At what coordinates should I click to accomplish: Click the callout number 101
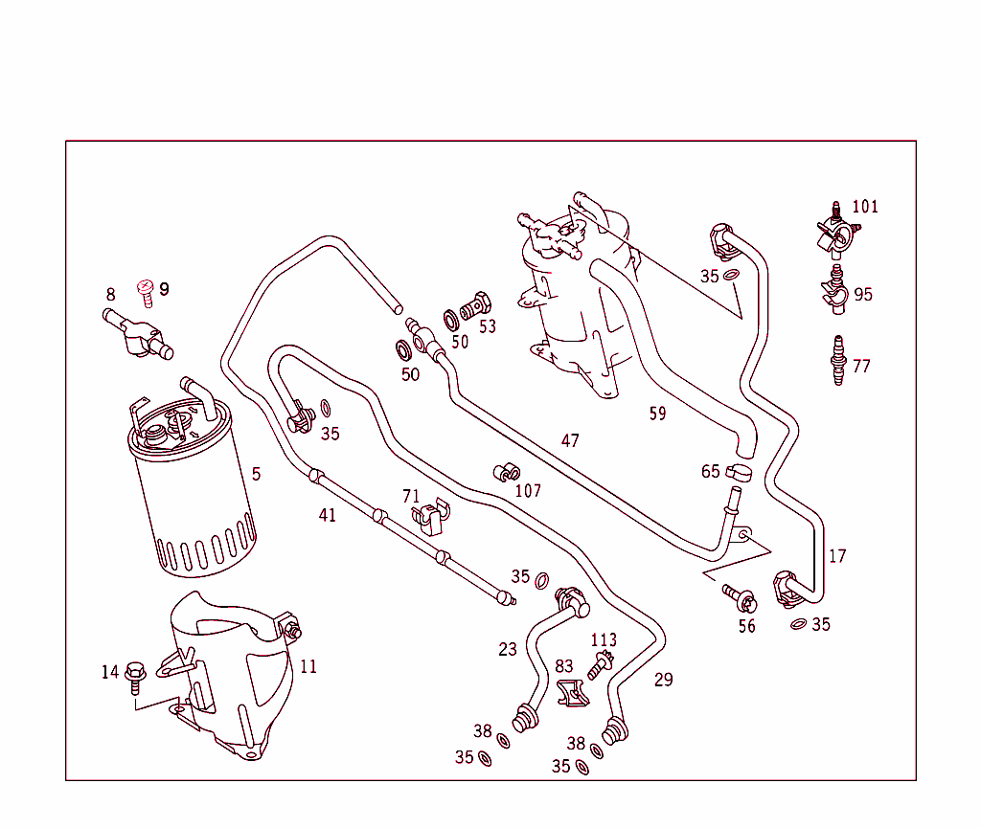[x=865, y=207]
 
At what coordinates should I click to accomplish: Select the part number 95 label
[x=863, y=294]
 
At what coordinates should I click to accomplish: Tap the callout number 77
[x=861, y=366]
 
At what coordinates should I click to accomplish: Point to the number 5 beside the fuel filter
[x=256, y=474]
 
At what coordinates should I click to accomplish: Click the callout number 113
[x=604, y=639]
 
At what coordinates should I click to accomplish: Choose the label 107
[x=528, y=491]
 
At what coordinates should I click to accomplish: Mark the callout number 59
[x=657, y=414]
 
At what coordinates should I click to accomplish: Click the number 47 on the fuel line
[x=570, y=440]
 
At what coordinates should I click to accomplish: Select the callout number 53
[x=488, y=326]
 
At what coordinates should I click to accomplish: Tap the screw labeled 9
[x=147, y=290]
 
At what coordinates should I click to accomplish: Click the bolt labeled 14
[x=134, y=674]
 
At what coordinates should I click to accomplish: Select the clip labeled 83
[x=571, y=694]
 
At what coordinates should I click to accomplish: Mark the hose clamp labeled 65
[x=739, y=471]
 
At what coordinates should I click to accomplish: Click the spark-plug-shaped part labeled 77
[x=839, y=362]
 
